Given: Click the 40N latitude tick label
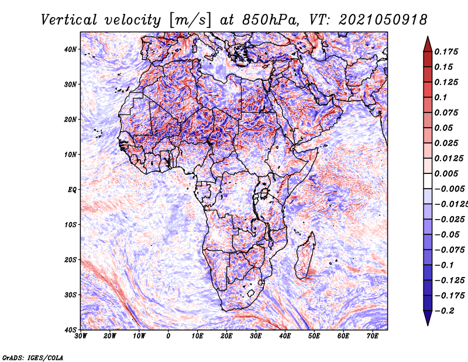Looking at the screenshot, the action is click(70, 49).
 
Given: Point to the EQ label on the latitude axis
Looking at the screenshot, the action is click(72, 190).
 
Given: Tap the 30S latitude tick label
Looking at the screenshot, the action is click(70, 295).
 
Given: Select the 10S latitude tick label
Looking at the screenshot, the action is click(70, 225).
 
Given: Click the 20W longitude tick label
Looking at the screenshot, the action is click(110, 336).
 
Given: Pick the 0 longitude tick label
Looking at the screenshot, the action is click(168, 336).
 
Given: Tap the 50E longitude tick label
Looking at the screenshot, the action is click(314, 336).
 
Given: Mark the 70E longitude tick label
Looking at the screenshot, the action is click(373, 336).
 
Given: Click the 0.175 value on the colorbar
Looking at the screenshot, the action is click(446, 52).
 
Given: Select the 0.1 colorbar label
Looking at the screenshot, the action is click(441, 97).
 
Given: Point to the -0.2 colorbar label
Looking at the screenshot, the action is click(444, 311).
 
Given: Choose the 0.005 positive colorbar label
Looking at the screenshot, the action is click(446, 173).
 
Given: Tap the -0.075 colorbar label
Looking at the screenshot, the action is click(449, 250).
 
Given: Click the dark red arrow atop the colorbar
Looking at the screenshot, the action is click(428, 45).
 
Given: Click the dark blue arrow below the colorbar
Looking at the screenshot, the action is click(428, 317).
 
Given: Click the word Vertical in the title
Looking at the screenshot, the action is click(69, 20).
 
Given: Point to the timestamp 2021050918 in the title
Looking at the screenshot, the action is click(383, 20).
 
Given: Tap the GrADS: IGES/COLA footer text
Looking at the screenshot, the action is click(33, 358).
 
